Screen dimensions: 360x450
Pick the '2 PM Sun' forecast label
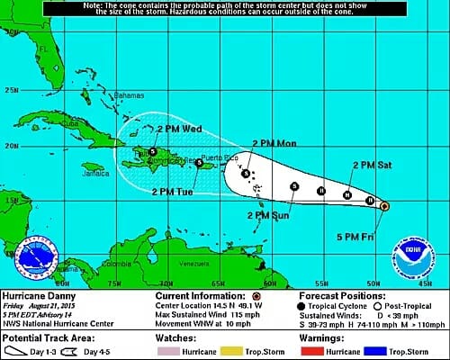(x=270, y=214)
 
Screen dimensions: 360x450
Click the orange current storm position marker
(x=384, y=206)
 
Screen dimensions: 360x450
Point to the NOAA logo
(x=407, y=258)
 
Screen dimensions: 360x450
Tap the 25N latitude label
(x=13, y=90)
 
